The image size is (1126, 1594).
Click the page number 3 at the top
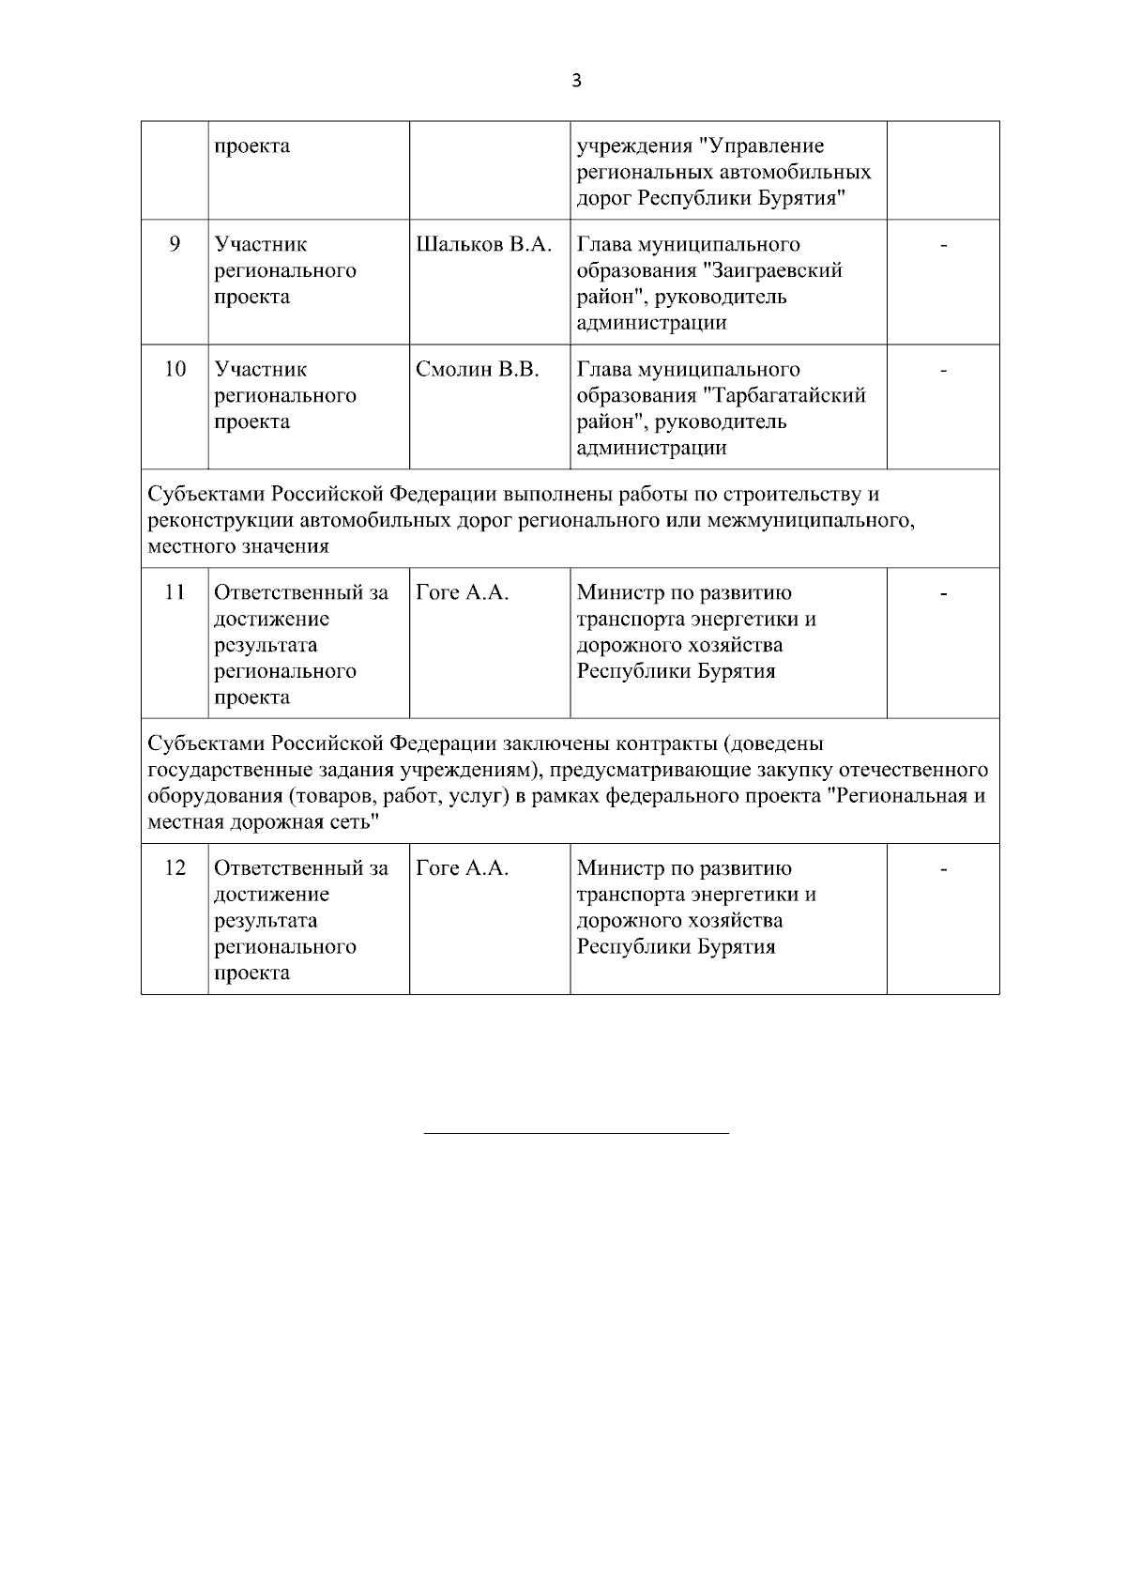[576, 81]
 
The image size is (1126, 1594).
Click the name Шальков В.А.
[484, 245]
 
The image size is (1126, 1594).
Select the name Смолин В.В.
[478, 370]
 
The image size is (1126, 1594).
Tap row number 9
[175, 245]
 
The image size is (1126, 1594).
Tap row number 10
[175, 370]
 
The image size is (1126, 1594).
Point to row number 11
[175, 593]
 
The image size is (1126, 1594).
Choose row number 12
[175, 868]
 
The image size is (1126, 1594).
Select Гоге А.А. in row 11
[462, 593]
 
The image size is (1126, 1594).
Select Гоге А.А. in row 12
[462, 868]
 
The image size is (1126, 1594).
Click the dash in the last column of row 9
[944, 246]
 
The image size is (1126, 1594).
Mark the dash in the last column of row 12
[944, 869]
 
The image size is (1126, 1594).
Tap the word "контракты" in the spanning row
[672, 744]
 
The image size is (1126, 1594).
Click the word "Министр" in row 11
[617, 593]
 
